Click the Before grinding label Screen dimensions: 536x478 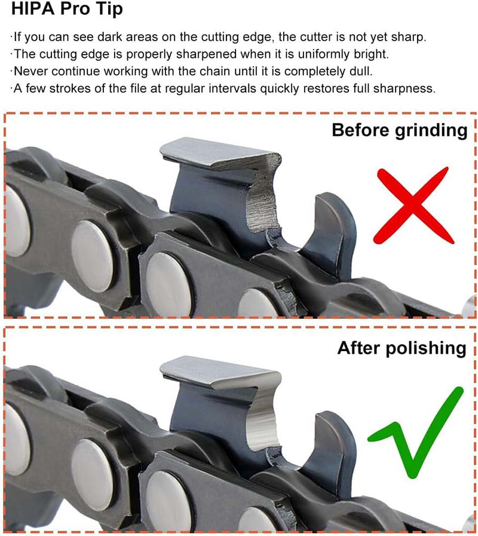coord(399,130)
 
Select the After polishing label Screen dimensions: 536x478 coord(402,348)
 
